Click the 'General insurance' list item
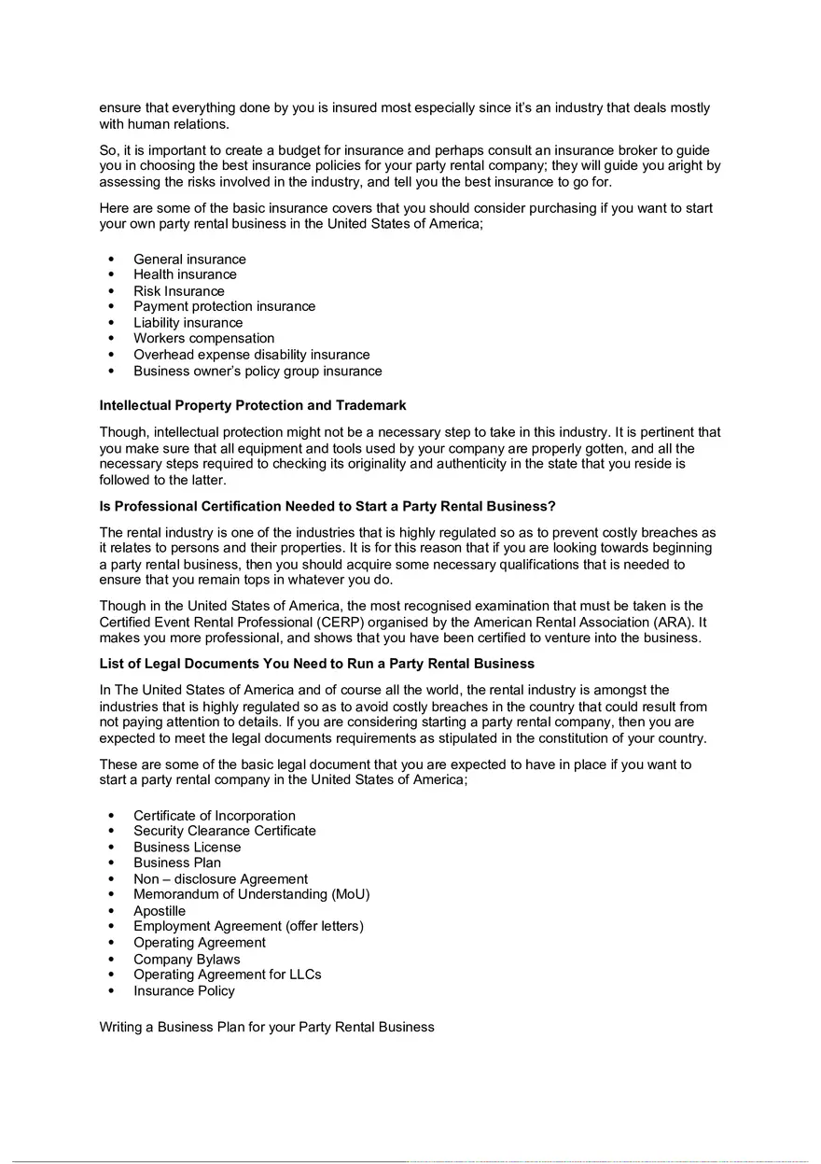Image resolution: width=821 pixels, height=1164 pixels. [189, 259]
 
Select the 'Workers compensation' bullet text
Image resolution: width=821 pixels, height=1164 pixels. [203, 339]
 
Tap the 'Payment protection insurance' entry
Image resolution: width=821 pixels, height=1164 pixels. [224, 307]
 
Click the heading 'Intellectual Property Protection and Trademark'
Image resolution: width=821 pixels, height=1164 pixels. [253, 406]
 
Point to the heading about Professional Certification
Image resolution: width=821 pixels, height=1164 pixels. [327, 507]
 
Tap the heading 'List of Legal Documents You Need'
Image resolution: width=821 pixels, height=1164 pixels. [317, 664]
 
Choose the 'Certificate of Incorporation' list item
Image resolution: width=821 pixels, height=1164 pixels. [214, 816]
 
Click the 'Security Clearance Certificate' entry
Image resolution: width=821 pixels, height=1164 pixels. [224, 832]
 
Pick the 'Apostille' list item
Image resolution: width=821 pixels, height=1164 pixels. [160, 911]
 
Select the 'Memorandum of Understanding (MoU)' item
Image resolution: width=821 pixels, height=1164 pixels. [251, 895]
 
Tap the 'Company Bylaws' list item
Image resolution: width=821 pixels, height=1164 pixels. [187, 960]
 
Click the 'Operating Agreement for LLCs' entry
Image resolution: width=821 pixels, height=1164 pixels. [227, 975]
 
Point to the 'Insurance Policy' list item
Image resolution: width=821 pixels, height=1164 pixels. [184, 991]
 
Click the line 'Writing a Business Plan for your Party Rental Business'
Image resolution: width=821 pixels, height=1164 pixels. [267, 1028]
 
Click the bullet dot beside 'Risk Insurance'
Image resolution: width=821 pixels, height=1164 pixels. [112, 291]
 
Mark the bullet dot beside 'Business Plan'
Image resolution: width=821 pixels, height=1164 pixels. [112, 863]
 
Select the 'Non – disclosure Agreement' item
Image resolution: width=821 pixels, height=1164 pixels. [220, 879]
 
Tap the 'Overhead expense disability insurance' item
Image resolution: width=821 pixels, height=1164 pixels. [251, 355]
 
